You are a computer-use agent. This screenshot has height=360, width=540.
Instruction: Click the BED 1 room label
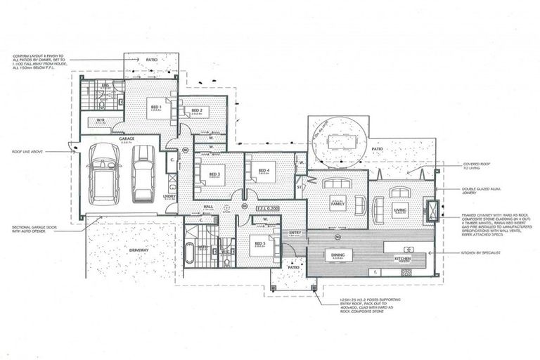[x=156, y=108]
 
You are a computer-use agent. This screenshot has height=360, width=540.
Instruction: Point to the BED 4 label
[x=263, y=170]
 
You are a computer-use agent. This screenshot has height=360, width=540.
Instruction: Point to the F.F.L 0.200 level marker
[x=268, y=208]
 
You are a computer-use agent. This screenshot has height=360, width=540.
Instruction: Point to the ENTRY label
[x=295, y=233]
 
